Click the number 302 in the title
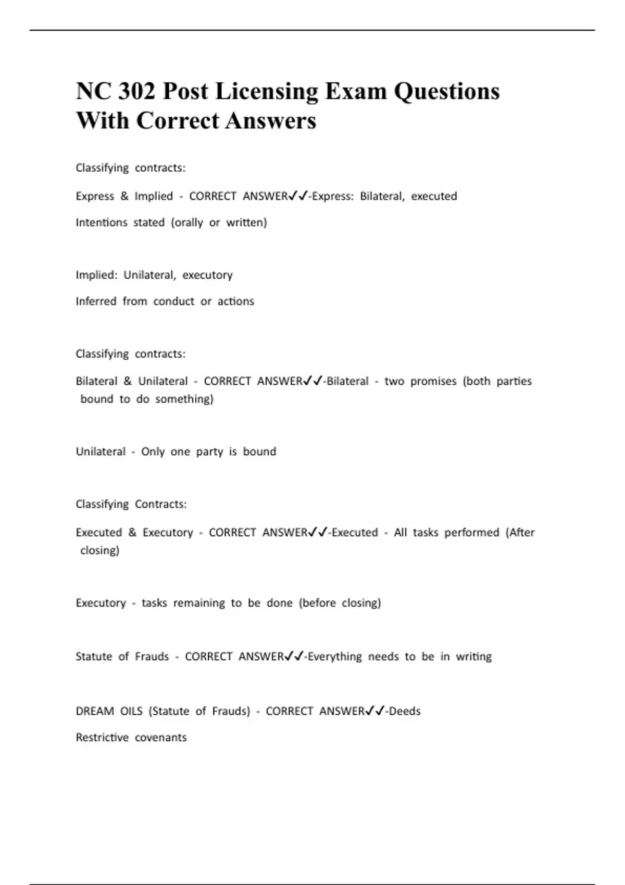pos(137,92)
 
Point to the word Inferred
pos(96,301)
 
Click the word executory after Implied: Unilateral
pos(207,275)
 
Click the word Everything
pos(334,656)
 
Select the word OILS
pos(131,711)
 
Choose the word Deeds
pos(405,711)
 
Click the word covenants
pos(160,738)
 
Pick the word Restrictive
pos(102,738)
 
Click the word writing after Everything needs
pos(473,656)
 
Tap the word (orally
pos(187,223)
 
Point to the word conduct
pos(174,301)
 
